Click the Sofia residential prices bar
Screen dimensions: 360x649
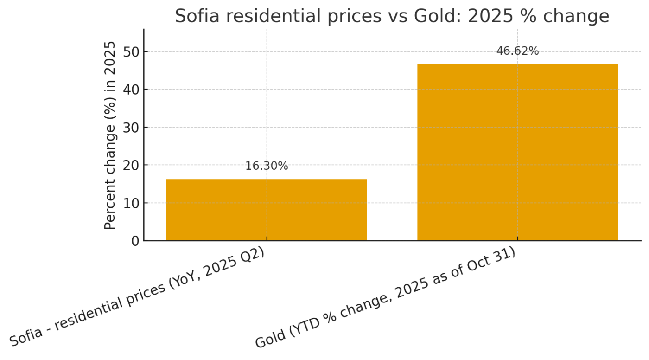point(267,210)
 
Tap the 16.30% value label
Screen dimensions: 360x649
point(267,166)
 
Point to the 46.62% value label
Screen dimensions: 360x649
point(517,51)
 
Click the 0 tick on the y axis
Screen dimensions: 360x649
point(135,241)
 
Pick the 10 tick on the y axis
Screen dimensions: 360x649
point(131,203)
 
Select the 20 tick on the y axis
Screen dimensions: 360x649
point(131,165)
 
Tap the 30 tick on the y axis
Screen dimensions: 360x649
point(131,128)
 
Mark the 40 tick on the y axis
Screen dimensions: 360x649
point(131,90)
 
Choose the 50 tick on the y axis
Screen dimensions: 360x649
point(131,52)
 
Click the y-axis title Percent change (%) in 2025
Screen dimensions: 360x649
point(110,135)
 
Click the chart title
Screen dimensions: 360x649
point(392,16)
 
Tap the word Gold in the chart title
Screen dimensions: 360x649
point(443,16)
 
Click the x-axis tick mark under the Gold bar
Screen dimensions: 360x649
point(517,238)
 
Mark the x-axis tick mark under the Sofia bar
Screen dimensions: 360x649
point(267,238)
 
